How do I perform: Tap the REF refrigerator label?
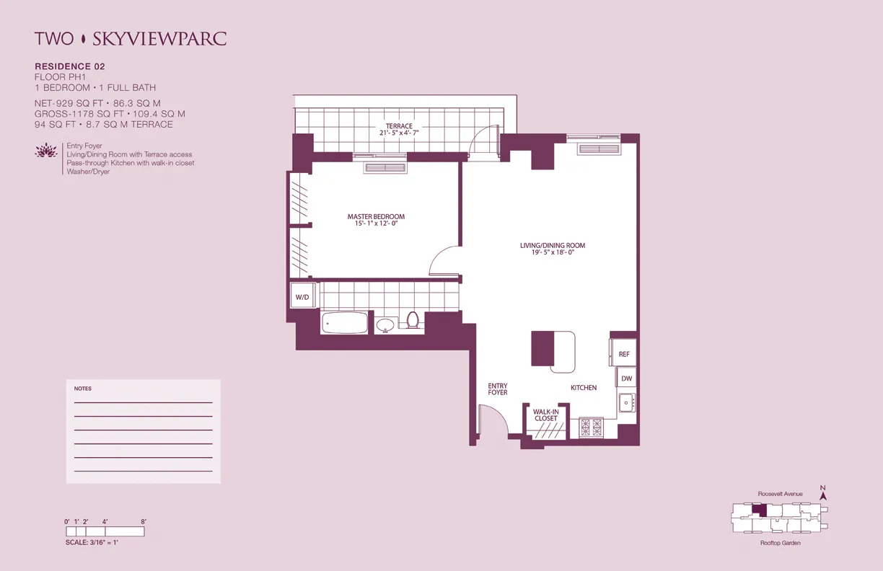pyautogui.click(x=625, y=354)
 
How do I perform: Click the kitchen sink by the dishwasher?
pyautogui.click(x=626, y=402)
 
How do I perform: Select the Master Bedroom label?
pyautogui.click(x=376, y=220)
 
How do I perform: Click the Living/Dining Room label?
pyautogui.click(x=553, y=249)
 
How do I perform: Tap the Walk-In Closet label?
pyautogui.click(x=545, y=415)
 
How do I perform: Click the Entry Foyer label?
pyautogui.click(x=498, y=389)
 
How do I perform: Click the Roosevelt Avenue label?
pyautogui.click(x=780, y=494)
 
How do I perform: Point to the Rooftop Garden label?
pyautogui.click(x=780, y=543)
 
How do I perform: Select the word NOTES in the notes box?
pyautogui.click(x=83, y=389)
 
